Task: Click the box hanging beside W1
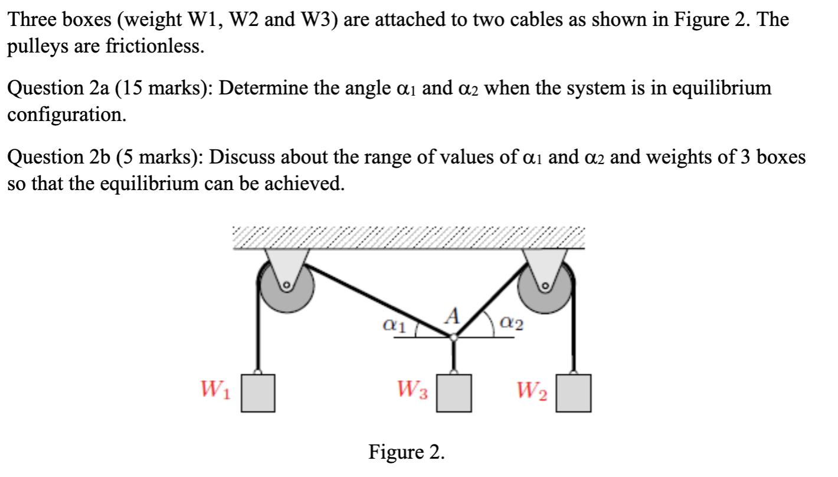coord(258,393)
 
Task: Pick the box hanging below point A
coord(454,393)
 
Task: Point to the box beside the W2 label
coord(574,393)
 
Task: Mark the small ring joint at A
coord(453,337)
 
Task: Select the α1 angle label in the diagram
coord(394,324)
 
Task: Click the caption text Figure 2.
coord(407,452)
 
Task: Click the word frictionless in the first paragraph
coord(155,47)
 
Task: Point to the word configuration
coord(66,115)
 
